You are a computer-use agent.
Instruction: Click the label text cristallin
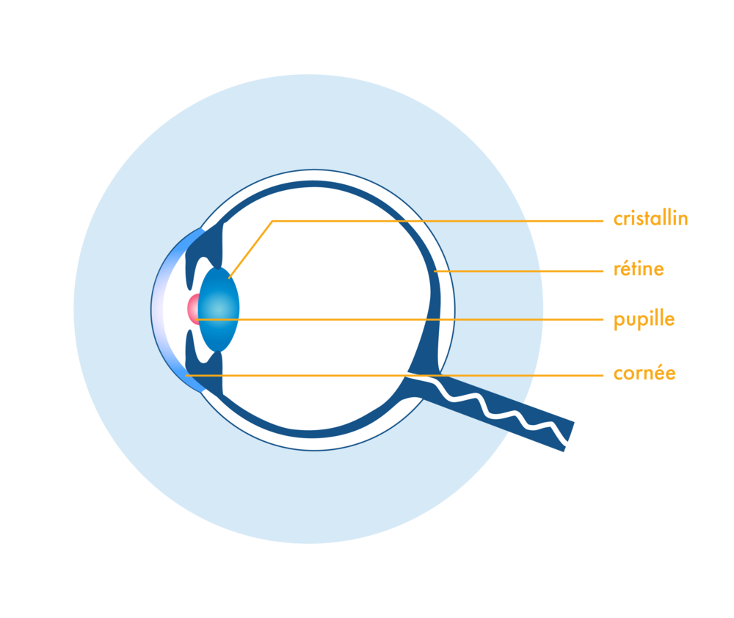pos(650,219)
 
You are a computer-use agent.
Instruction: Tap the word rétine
pos(639,269)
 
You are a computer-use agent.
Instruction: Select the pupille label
pos(644,320)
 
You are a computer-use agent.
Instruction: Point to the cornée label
pos(644,374)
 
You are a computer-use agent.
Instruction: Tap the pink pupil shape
pos(193,309)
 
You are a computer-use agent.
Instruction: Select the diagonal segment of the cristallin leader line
pos(250,250)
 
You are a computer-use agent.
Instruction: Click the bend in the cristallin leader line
pos(272,221)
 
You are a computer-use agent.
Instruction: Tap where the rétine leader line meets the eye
pos(435,272)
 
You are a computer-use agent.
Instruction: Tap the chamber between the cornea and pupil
pos(176,309)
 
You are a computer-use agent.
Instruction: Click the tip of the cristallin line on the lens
pos(229,277)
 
